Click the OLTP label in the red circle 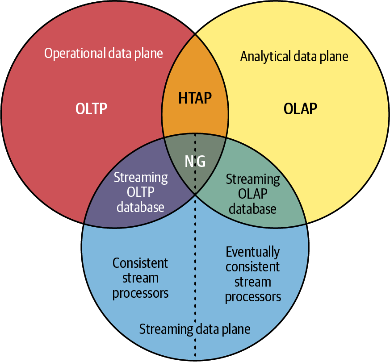coord(91,108)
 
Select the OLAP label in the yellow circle coord(301,108)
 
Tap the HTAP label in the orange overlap coord(195,98)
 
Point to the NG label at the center coord(195,161)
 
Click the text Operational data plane coord(104,53)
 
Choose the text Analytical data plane coord(294,56)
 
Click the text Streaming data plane coord(195,329)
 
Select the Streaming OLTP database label coord(141,192)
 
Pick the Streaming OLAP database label coord(253,194)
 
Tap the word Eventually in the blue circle coord(253,252)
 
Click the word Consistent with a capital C coord(140,263)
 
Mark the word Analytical coord(266,56)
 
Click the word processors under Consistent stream coord(141,294)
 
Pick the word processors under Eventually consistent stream coord(253,297)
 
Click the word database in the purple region coord(141,207)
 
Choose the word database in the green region coord(252,209)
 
